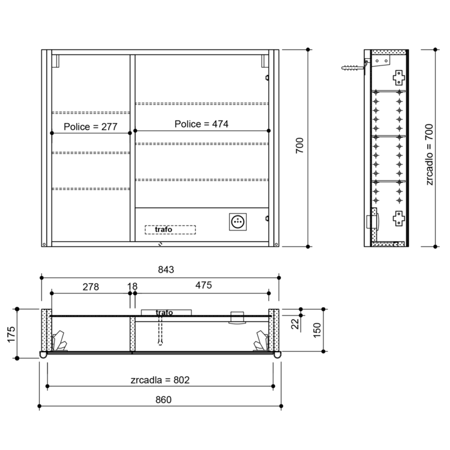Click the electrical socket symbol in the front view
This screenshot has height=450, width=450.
pos(238,221)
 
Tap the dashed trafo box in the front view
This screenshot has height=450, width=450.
pos(170,230)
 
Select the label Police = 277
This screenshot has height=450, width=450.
pos(91,127)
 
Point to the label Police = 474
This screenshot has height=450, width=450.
pos(202,124)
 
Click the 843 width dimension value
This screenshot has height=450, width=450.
pos(166,269)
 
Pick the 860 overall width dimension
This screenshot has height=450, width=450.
pos(163,400)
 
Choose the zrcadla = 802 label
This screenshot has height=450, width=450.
pos(160,380)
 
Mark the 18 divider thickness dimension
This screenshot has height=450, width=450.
pos(133,286)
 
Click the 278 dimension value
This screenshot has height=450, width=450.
pos(91,287)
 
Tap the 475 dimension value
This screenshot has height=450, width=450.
pos(203,285)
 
